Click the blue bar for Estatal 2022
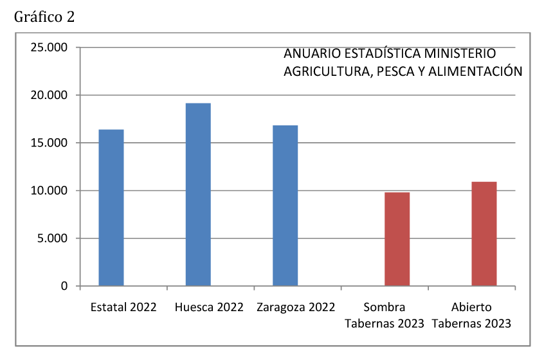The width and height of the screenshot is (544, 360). (111, 207)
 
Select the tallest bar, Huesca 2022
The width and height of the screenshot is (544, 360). (198, 194)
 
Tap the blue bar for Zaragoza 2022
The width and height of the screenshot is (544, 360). (285, 205)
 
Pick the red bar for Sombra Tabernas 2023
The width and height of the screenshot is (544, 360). (397, 239)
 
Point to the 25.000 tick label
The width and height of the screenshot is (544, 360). (48, 48)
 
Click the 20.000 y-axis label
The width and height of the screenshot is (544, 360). (48, 95)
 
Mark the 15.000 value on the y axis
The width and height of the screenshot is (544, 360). (48, 143)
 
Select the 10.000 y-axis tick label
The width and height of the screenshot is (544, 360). (48, 191)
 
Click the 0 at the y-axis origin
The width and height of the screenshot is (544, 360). (64, 286)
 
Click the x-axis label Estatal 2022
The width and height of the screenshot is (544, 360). (124, 307)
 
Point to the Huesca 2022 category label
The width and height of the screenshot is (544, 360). (209, 307)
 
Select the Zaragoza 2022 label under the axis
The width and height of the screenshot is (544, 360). (296, 307)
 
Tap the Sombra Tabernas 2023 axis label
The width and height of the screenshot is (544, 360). (385, 315)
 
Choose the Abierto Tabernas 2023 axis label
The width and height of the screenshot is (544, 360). (471, 315)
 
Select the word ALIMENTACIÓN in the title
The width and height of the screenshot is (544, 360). (484, 71)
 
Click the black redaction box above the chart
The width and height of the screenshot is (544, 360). (44, 17)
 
